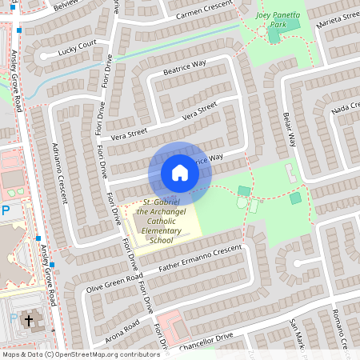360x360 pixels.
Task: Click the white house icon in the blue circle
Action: tap(180, 172)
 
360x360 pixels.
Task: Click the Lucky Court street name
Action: tap(76, 46)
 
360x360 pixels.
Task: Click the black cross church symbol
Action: tap(29, 321)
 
